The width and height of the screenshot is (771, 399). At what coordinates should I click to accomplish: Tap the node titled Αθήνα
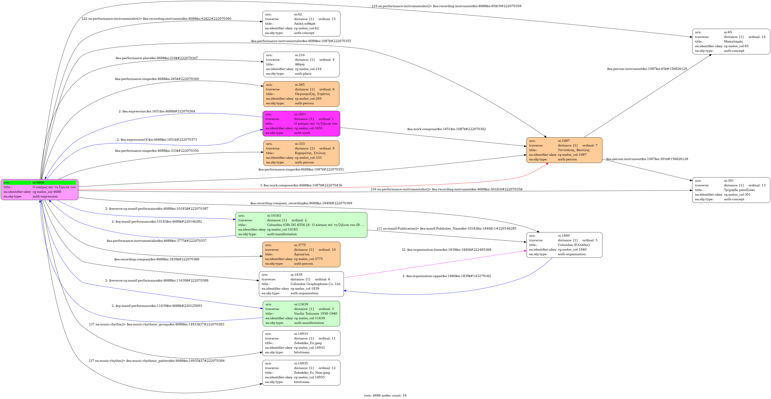pyautogui.click(x=301, y=64)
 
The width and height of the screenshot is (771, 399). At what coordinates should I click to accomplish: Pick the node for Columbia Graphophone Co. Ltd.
pyautogui.click(x=301, y=284)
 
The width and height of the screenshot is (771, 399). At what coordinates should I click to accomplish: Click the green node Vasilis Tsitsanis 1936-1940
pyautogui.click(x=301, y=314)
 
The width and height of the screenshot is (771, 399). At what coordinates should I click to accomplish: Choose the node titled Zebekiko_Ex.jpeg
pyautogui.click(x=301, y=343)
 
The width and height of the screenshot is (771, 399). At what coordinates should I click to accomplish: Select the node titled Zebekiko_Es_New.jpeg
pyautogui.click(x=301, y=373)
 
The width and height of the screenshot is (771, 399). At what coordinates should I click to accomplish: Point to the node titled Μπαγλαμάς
pyautogui.click(x=731, y=42)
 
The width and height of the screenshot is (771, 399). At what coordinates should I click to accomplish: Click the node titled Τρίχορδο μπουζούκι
pyautogui.click(x=731, y=190)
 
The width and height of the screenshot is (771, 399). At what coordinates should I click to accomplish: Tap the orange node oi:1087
pyautogui.click(x=564, y=150)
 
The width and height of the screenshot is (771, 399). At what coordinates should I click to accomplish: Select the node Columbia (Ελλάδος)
pyautogui.click(x=564, y=245)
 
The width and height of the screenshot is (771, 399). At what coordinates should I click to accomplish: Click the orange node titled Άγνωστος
pyautogui.click(x=301, y=254)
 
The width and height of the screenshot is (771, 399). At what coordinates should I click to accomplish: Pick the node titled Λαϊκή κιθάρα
pyautogui.click(x=301, y=24)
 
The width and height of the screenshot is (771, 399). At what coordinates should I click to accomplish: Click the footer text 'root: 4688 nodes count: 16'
pyautogui.click(x=385, y=395)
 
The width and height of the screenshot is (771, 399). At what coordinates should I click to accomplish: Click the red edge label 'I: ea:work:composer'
pyautogui.click(x=301, y=185)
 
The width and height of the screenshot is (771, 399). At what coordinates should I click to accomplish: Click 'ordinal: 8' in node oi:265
pyautogui.click(x=327, y=89)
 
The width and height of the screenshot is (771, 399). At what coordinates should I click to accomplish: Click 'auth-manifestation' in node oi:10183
pyautogui.click(x=282, y=234)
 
